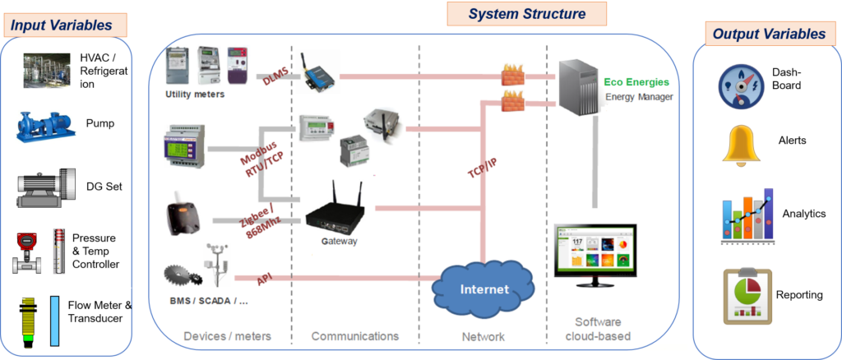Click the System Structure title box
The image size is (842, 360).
click(526, 14)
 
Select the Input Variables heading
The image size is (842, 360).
click(62, 25)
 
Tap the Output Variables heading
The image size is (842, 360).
click(768, 34)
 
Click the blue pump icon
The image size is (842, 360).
click(46, 126)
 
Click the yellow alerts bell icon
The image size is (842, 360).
click(741, 145)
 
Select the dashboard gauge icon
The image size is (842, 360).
click(741, 85)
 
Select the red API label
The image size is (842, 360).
click(265, 279)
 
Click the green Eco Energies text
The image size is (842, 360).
click(636, 82)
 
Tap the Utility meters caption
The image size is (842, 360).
click(195, 95)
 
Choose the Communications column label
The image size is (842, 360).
click(354, 336)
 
